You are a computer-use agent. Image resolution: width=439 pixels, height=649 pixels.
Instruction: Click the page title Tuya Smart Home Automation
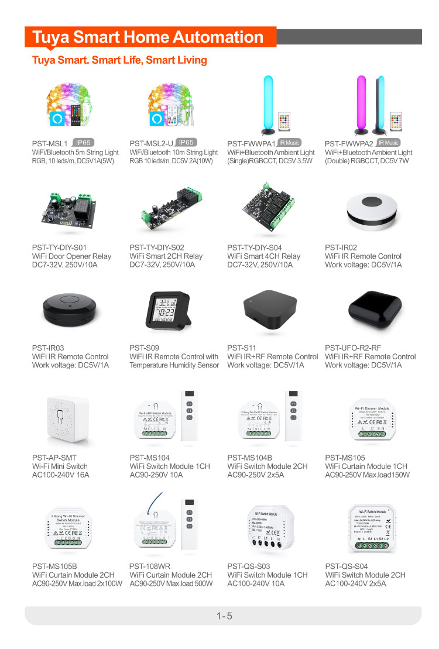tap(148, 37)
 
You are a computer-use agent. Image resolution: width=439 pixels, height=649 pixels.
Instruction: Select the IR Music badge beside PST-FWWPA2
tap(388, 143)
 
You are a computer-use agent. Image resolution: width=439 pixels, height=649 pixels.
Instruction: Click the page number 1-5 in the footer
tap(224, 616)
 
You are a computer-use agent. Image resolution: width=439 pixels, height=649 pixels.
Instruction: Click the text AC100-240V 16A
tap(61, 475)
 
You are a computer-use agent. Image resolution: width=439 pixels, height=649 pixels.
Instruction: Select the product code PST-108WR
tap(150, 566)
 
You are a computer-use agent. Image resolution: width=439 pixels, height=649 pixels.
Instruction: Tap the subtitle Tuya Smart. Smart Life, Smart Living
tap(119, 60)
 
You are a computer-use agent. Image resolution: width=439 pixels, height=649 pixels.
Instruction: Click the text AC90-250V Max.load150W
tap(368, 475)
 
